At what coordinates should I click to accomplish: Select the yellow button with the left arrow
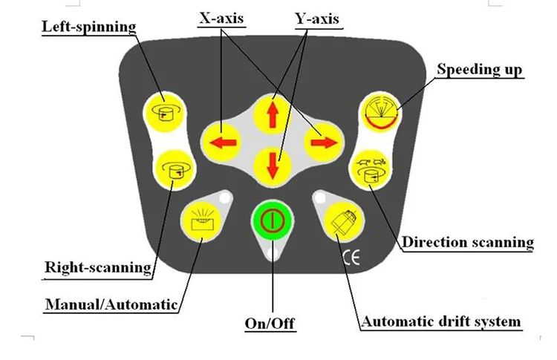point(222,140)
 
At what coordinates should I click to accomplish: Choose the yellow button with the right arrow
point(324,140)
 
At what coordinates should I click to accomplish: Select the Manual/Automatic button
point(201,220)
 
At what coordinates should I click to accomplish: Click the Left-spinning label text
point(89,27)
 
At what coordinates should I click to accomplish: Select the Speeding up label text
point(479,70)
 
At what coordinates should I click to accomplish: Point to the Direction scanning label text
point(468,242)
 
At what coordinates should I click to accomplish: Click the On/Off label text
point(270,324)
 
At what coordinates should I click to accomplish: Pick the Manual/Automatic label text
point(111,304)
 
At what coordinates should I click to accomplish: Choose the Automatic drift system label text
point(441,322)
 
